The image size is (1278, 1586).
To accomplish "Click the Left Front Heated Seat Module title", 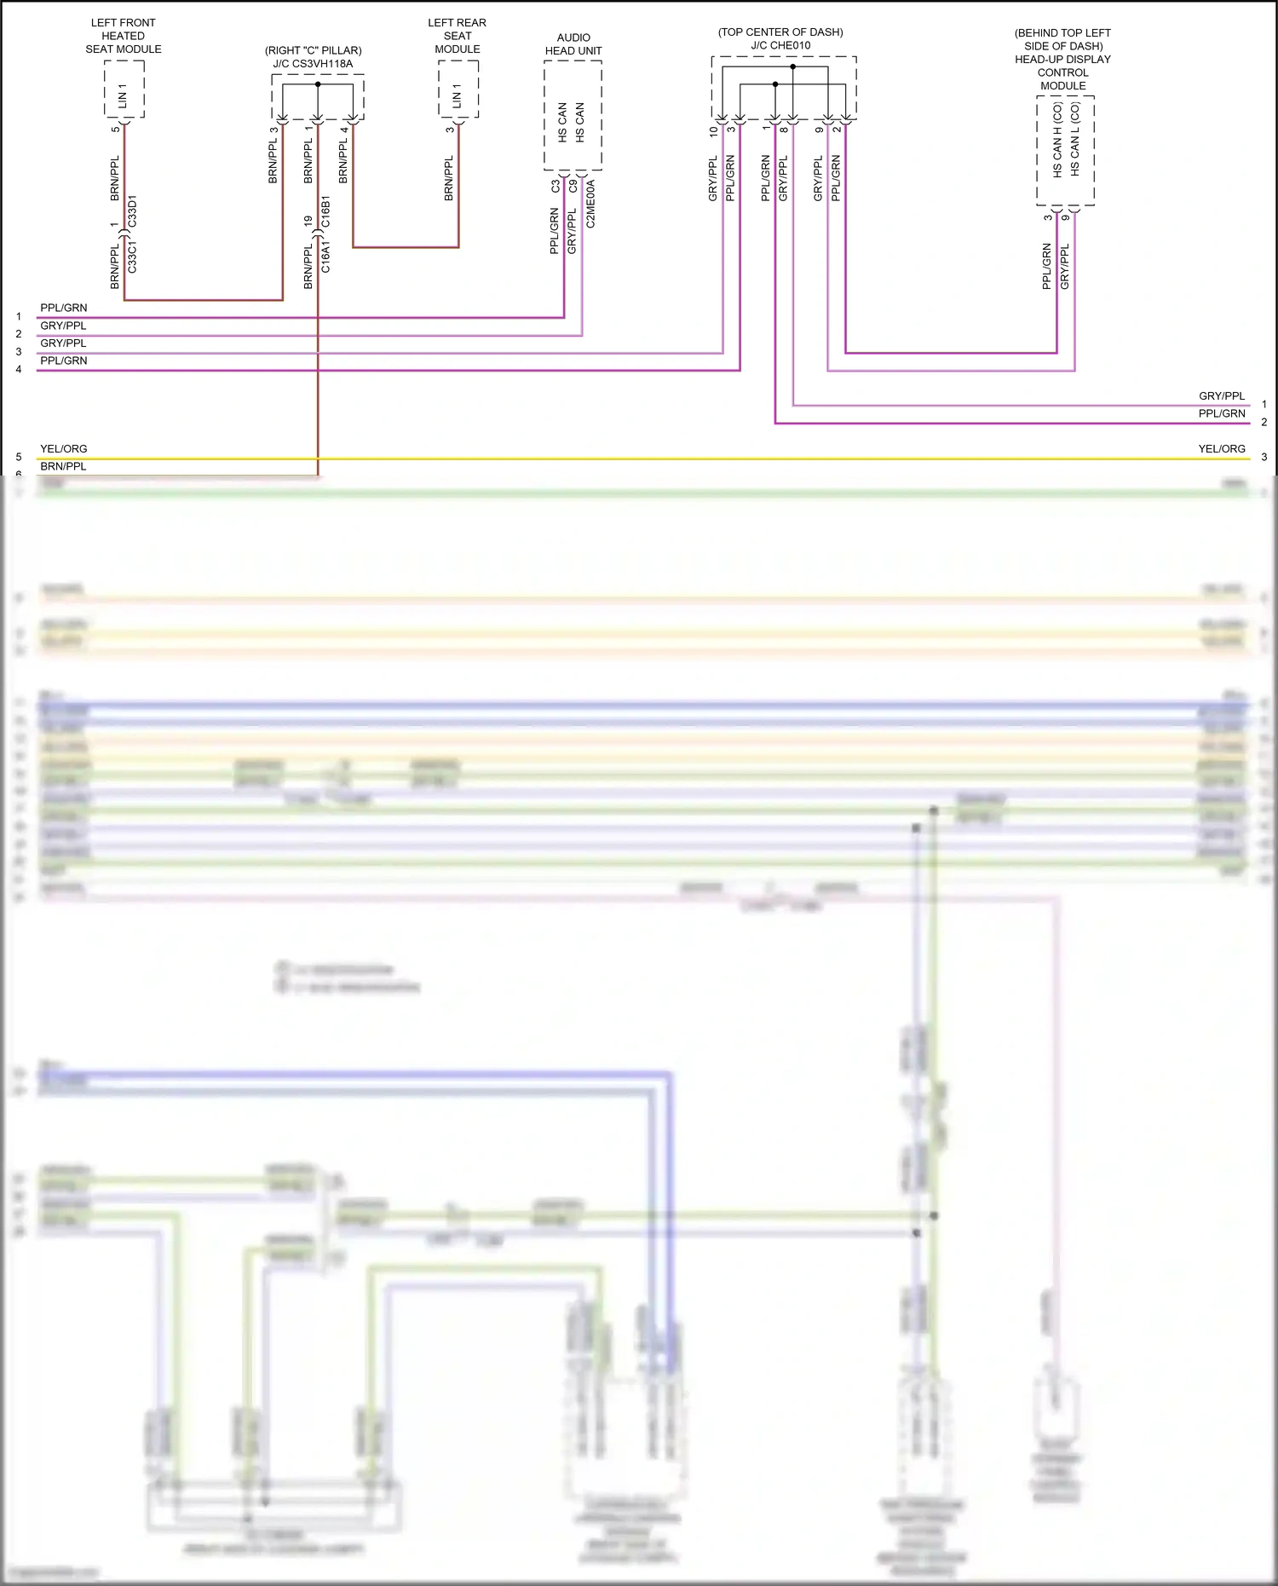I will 124,36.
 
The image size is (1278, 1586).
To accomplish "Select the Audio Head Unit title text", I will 573,44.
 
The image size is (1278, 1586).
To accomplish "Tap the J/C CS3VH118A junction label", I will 313,64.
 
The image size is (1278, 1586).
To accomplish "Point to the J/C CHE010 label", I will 780,45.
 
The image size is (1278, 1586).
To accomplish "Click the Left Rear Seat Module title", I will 457,36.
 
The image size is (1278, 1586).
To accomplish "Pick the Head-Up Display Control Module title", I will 1062,66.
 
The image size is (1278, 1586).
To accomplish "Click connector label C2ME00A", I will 591,204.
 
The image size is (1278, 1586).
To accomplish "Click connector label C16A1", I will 325,257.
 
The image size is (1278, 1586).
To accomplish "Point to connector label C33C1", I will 132,257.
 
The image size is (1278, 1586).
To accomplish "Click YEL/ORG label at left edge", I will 63,449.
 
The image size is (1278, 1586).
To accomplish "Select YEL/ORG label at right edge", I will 1222,449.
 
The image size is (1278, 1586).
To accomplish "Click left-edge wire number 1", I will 19,317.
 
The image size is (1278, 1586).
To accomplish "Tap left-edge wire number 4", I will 19,370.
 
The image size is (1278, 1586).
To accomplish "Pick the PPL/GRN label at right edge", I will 1222,413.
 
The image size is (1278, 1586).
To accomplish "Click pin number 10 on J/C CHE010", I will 714,132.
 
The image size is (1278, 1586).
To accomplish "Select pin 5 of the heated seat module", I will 115,130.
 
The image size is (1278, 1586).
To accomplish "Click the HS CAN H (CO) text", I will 1057,140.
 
